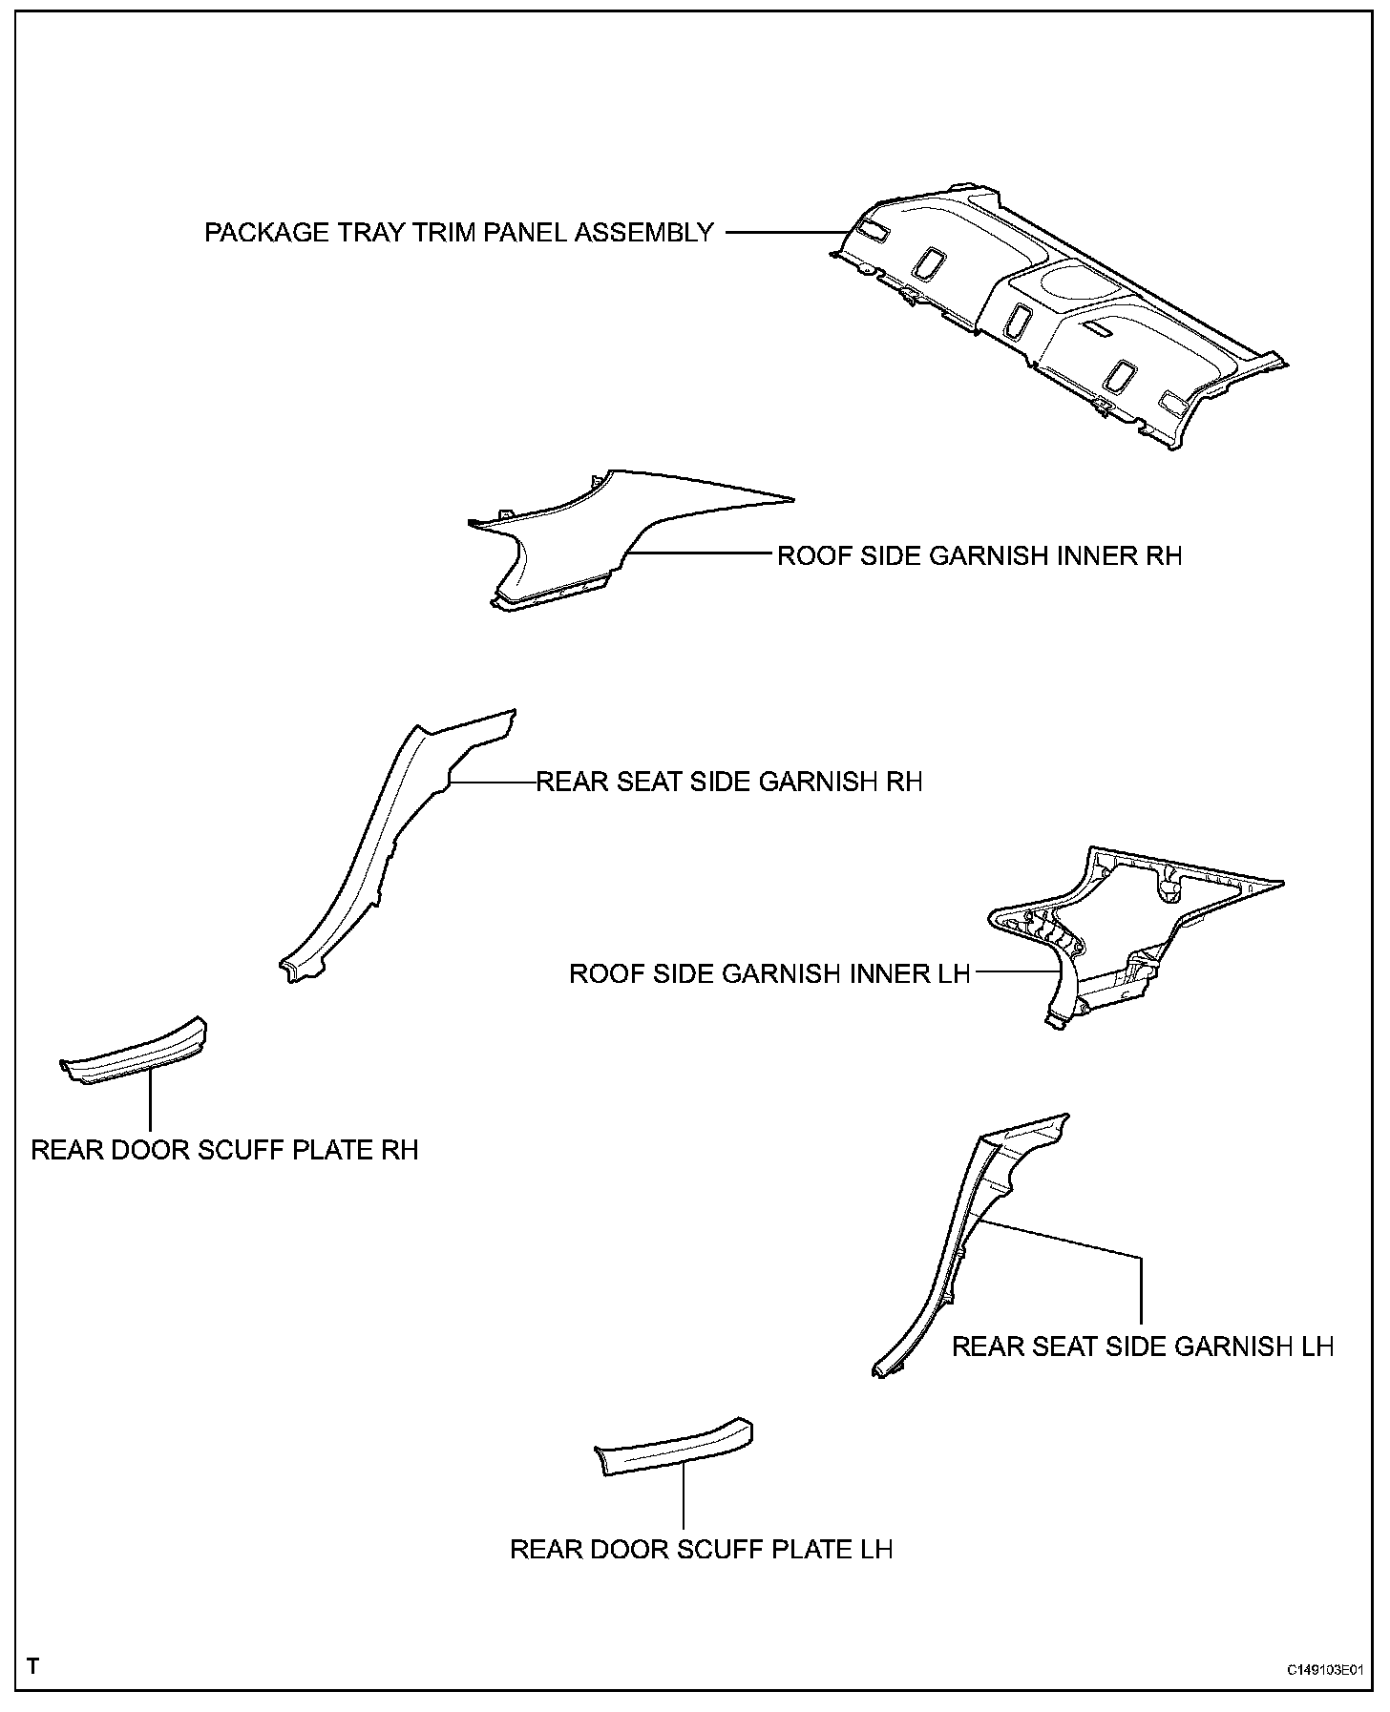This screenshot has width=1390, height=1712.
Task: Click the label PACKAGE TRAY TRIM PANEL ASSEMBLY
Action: coord(459,232)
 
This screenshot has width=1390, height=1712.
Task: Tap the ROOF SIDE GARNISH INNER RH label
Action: coord(979,555)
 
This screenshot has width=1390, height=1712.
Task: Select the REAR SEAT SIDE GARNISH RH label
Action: coord(729,782)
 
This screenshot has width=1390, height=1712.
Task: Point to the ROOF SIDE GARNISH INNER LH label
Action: coord(769,973)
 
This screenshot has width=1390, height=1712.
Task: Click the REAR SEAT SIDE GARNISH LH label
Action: coord(1143,1346)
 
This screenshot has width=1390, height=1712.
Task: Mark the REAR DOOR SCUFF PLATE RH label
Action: coord(224,1149)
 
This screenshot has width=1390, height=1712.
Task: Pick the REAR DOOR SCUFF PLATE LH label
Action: coord(702,1548)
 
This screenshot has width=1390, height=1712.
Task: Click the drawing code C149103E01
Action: coord(1323,1670)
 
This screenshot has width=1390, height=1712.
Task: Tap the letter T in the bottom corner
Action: coord(33,1666)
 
